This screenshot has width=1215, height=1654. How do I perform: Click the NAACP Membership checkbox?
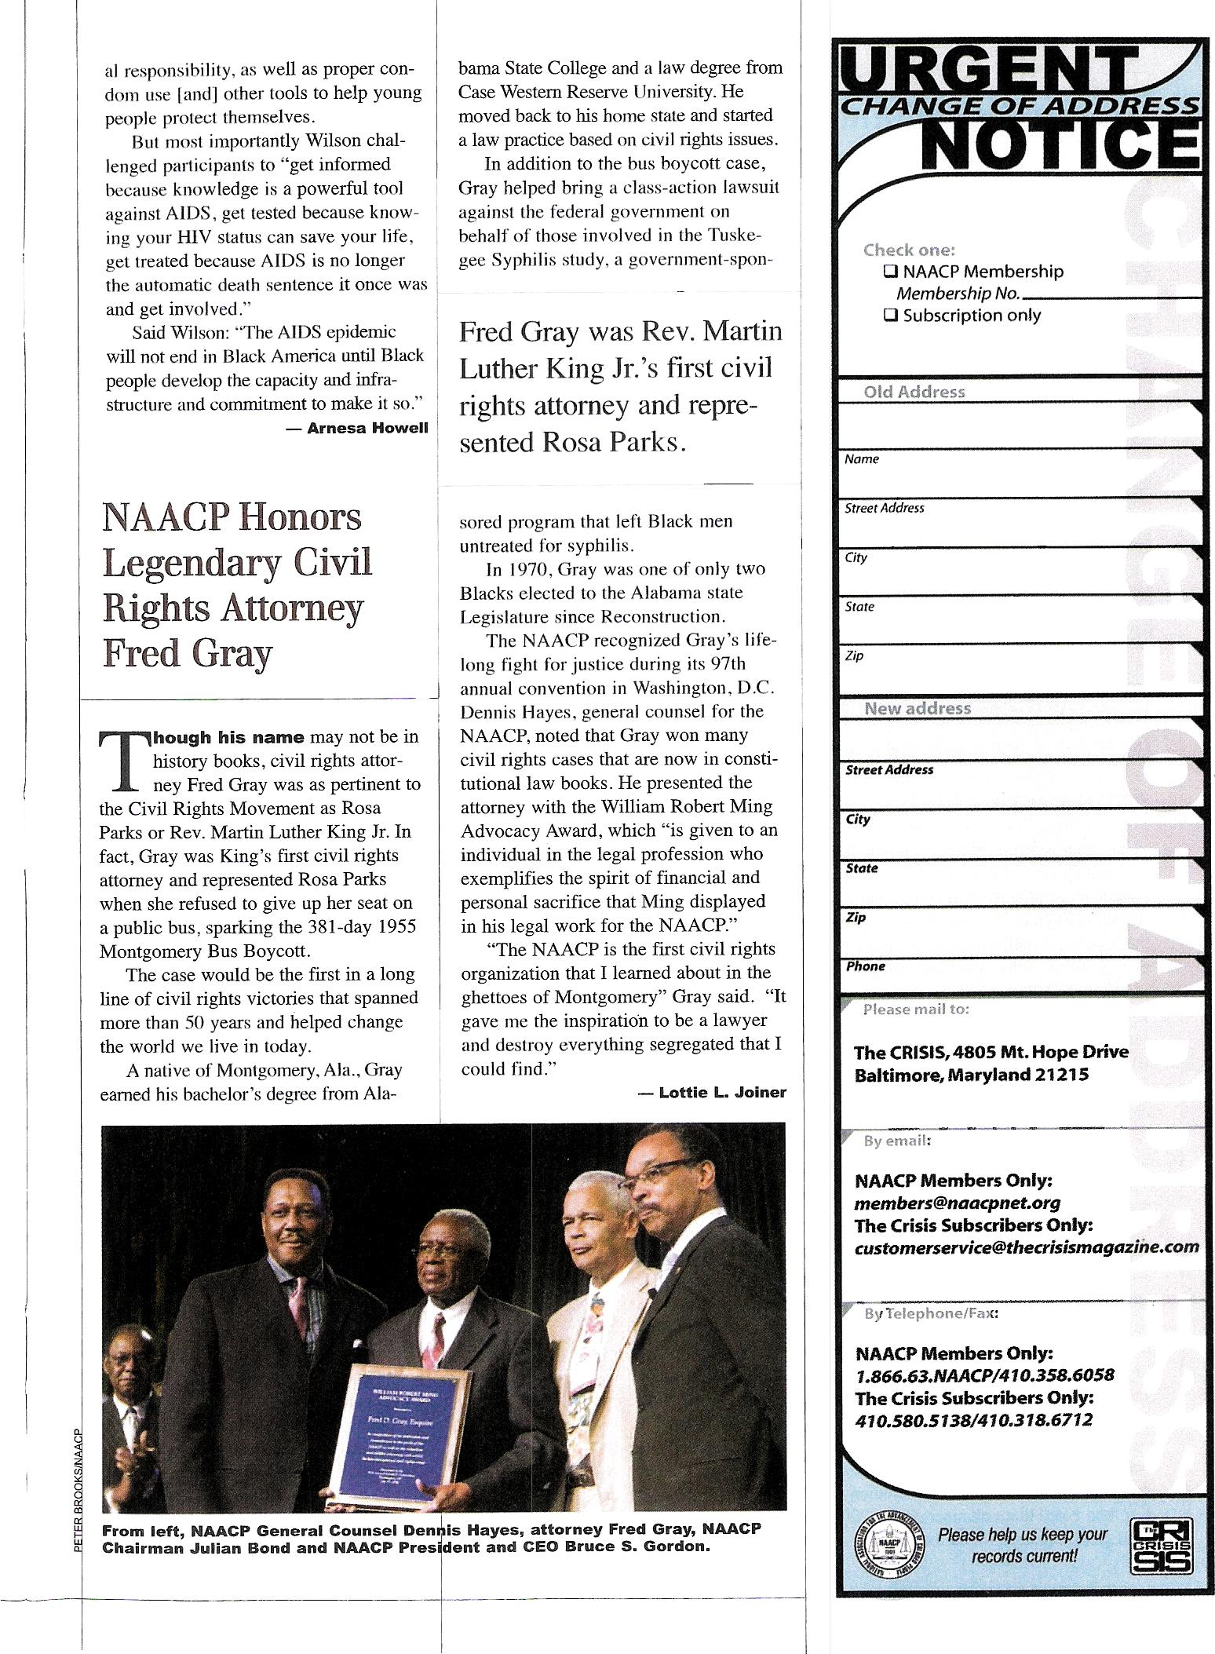[x=890, y=272]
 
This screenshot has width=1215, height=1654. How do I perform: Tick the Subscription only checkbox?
[x=890, y=316]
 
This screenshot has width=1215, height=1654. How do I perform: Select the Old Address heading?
[x=914, y=392]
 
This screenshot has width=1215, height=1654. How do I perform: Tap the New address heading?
[x=918, y=708]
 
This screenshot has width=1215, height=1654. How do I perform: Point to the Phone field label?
[x=865, y=966]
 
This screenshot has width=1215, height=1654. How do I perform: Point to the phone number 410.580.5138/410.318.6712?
[x=973, y=1419]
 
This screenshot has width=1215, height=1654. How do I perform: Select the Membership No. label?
[x=958, y=294]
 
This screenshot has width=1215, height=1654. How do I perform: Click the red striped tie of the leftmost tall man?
[x=299, y=1296]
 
